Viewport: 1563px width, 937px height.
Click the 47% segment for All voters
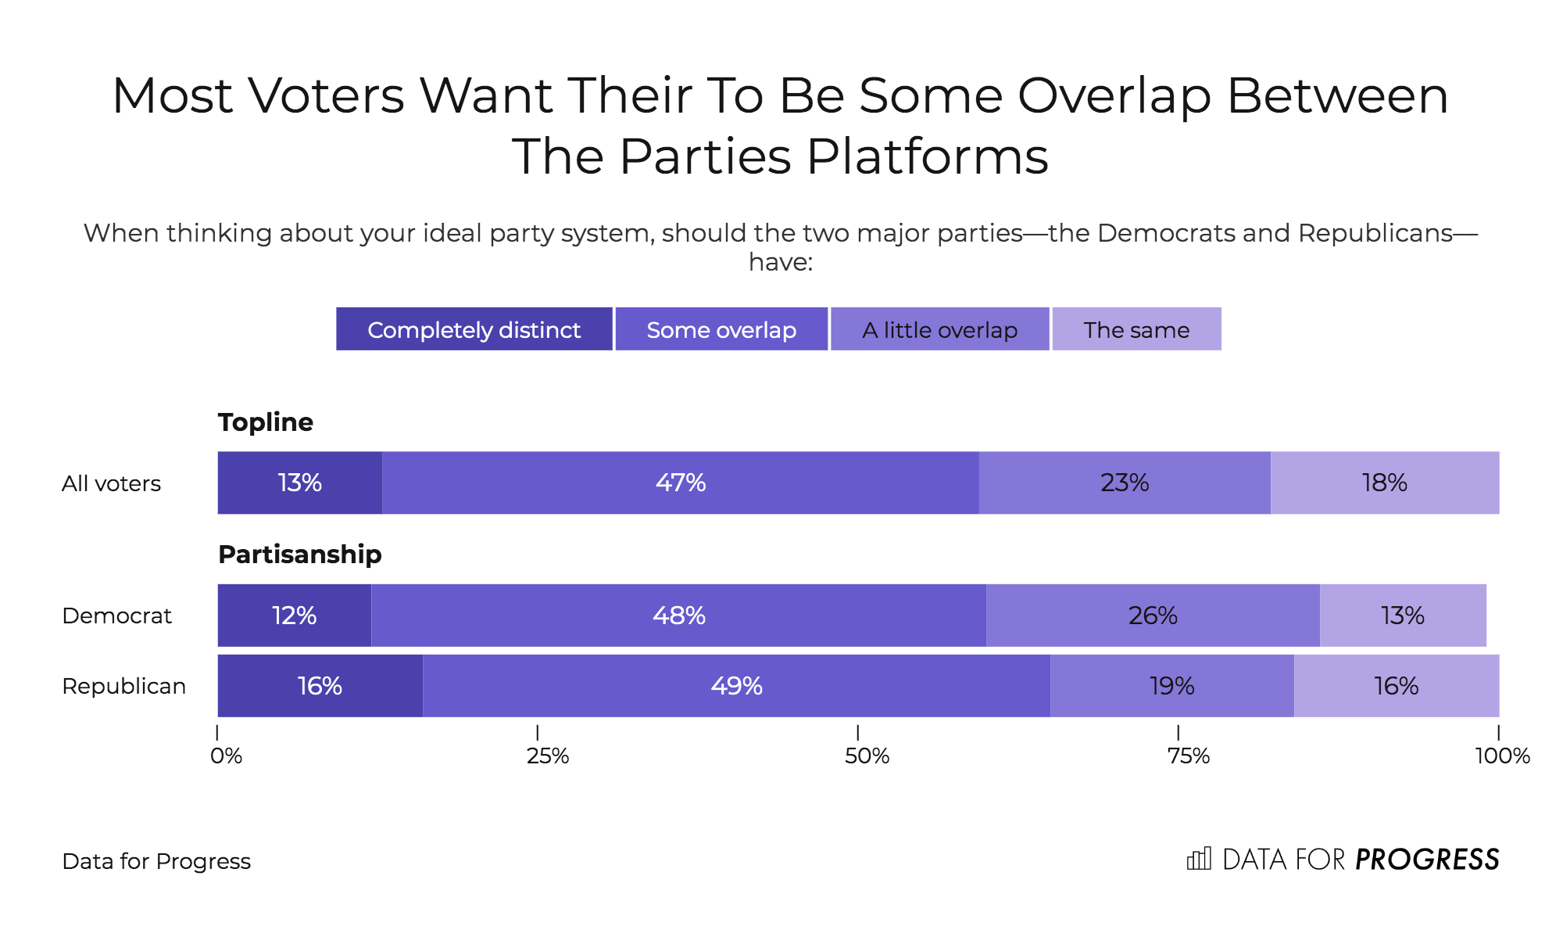(x=680, y=483)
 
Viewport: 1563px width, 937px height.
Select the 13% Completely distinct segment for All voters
(x=299, y=483)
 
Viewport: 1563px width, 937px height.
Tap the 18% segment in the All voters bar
(x=1384, y=483)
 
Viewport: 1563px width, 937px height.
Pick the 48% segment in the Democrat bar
(x=678, y=616)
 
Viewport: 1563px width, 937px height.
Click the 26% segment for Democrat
(x=1153, y=616)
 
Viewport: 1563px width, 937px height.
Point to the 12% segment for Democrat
(x=294, y=616)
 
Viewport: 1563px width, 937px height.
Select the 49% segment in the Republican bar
(x=736, y=686)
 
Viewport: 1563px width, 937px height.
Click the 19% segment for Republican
(x=1171, y=686)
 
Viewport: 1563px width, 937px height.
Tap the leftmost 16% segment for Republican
(x=320, y=686)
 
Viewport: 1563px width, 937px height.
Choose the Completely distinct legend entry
(x=474, y=329)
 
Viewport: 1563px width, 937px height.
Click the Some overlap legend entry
(x=721, y=329)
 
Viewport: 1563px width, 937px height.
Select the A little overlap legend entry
(x=939, y=329)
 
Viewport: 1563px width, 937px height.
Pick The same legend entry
(x=1136, y=329)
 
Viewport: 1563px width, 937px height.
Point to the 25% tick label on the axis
(x=547, y=756)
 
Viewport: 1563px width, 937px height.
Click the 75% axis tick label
(x=1188, y=756)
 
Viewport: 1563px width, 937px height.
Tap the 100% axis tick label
(x=1502, y=756)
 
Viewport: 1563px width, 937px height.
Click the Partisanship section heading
(x=299, y=554)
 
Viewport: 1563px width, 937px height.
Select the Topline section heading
(x=265, y=422)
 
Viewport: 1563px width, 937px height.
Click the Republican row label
(x=123, y=686)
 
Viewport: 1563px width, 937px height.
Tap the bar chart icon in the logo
(x=1199, y=859)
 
